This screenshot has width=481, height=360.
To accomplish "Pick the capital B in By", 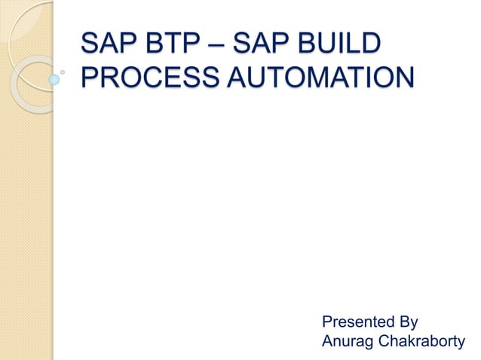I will pyautogui.click(x=403, y=322).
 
